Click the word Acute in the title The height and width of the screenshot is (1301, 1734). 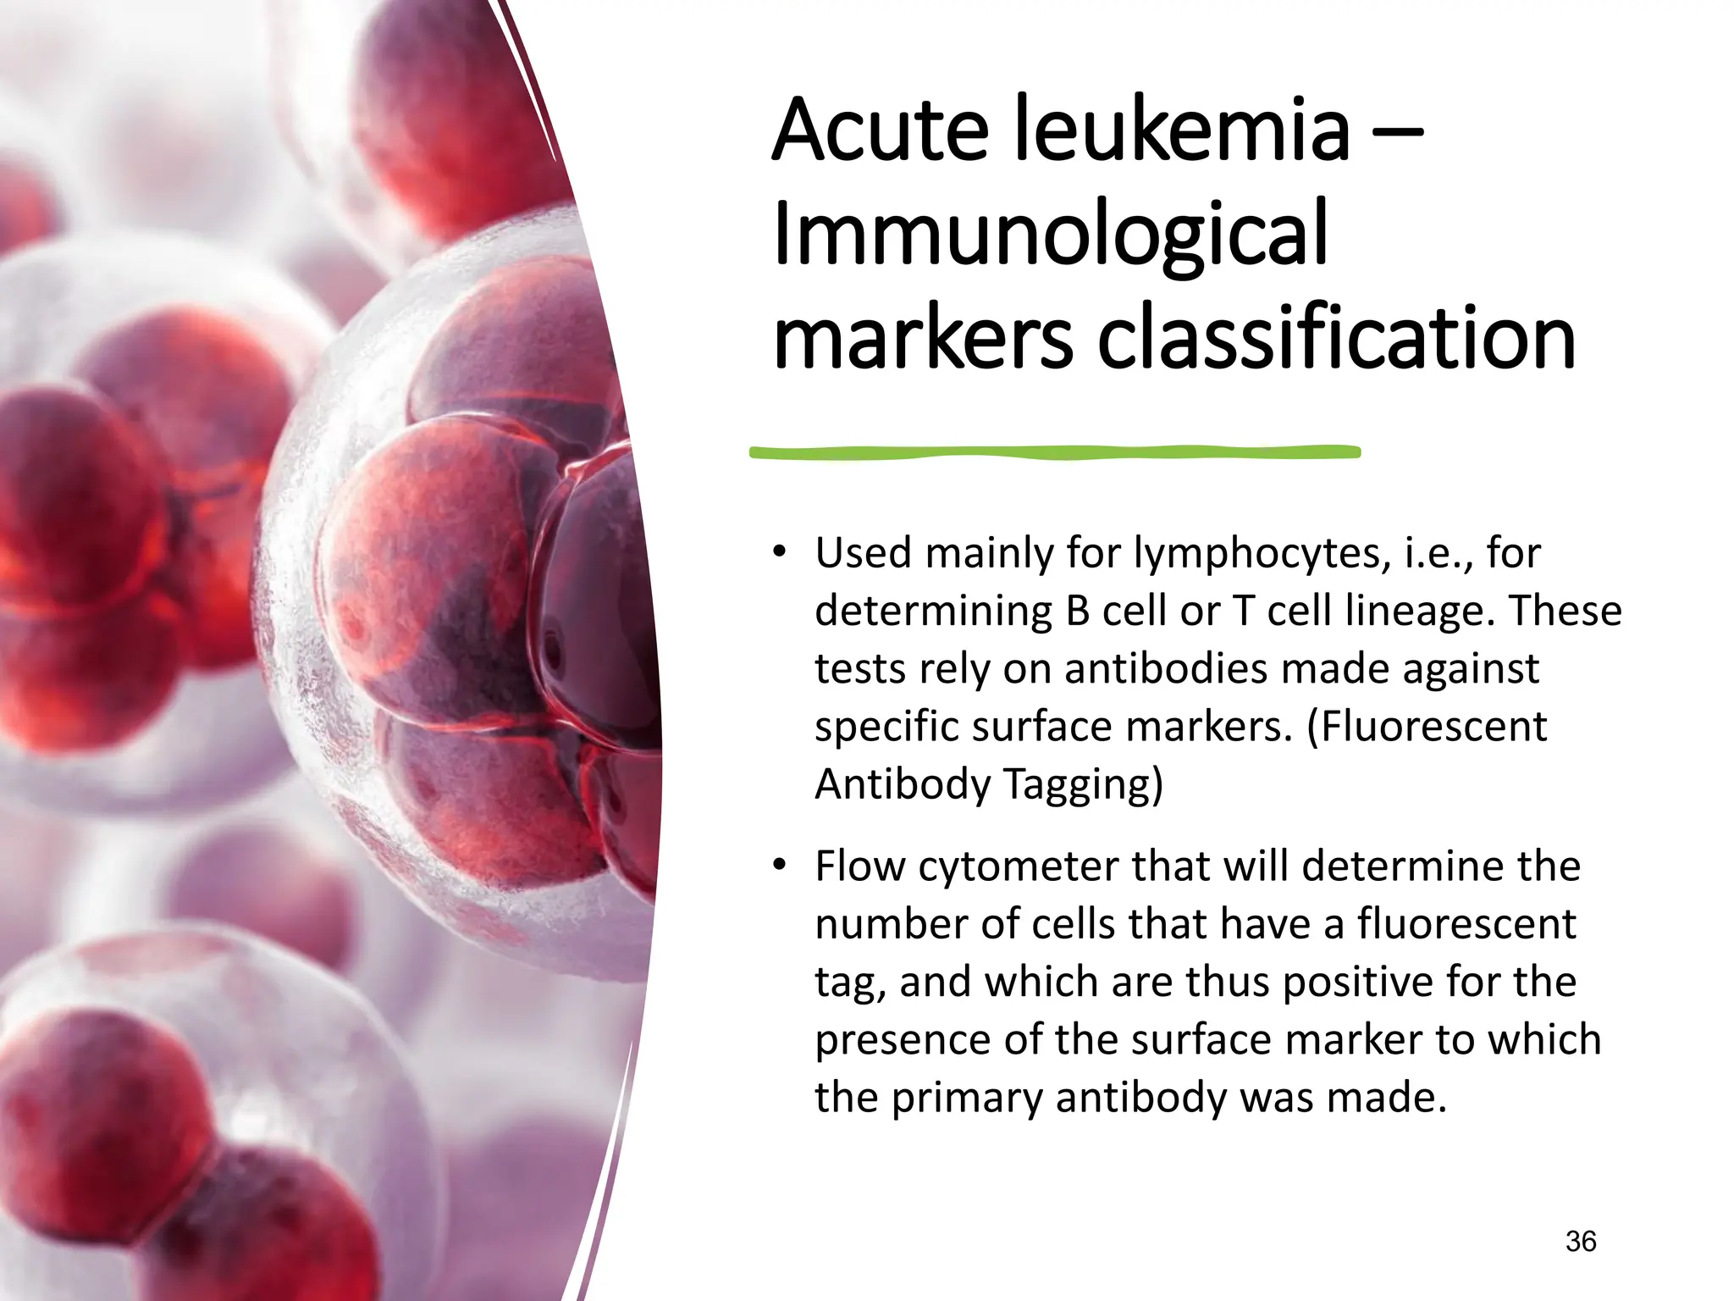[x=881, y=131]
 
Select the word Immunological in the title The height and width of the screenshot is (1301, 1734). [x=1050, y=235]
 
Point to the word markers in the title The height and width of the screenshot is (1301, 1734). [x=923, y=339]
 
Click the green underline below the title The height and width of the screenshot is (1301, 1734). [x=1054, y=452]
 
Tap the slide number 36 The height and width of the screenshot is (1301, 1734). [x=1580, y=1242]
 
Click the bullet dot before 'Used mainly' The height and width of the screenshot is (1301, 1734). [x=779, y=553]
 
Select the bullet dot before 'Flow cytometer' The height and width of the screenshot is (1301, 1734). [x=779, y=866]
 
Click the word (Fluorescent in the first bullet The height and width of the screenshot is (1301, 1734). [x=1427, y=726]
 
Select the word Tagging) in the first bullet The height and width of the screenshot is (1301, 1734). [x=1083, y=784]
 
